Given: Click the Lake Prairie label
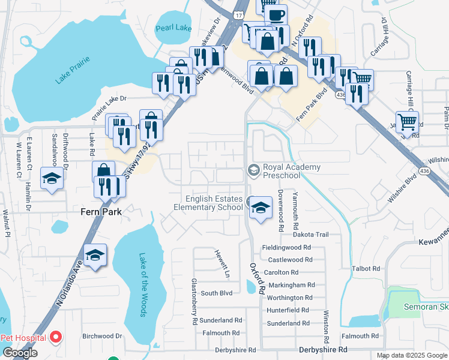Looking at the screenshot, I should coord(72,70).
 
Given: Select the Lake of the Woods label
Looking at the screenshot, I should coord(143,284).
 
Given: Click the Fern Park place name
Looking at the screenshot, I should coord(101,212).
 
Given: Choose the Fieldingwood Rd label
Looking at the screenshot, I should coord(286,247).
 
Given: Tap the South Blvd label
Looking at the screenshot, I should coord(216,293).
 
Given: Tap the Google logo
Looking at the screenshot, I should coord(20,353).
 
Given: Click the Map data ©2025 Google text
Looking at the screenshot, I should coord(412,355).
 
